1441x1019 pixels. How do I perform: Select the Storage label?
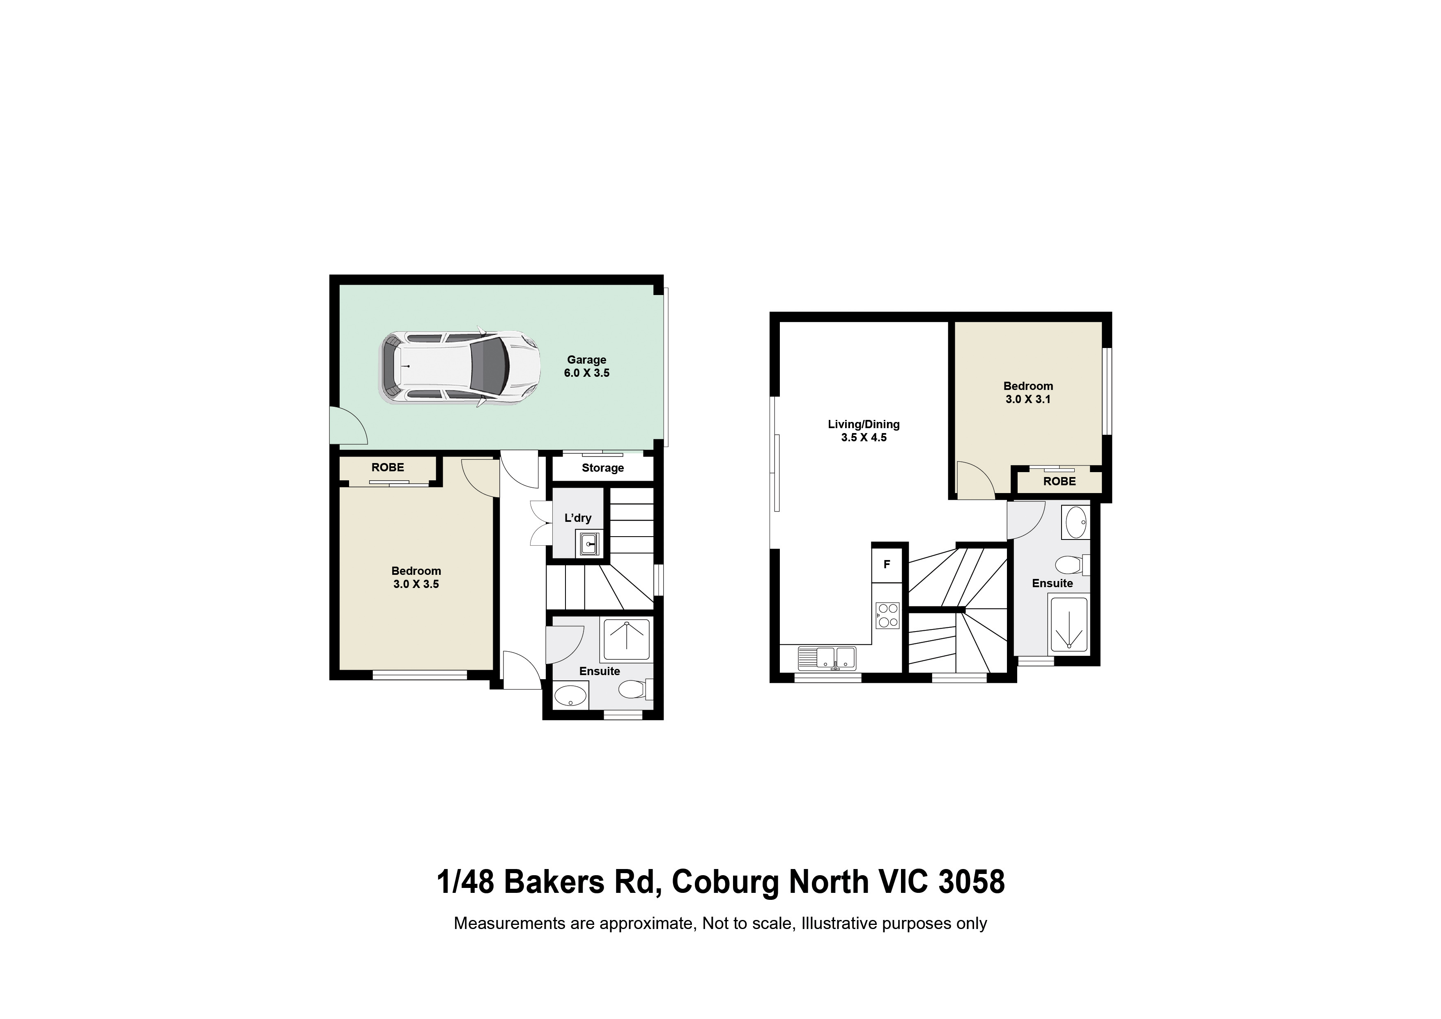pos(602,468)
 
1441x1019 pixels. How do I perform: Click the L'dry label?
pos(577,518)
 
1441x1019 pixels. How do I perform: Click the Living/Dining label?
pos(864,424)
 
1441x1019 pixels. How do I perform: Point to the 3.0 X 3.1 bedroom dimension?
pos(1028,399)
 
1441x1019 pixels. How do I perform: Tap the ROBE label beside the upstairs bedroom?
pos(1059,482)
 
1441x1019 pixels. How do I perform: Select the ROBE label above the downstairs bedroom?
pos(387,468)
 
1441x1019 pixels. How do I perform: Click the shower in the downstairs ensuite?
pos(626,639)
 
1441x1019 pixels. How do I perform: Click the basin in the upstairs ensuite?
pos(1076,522)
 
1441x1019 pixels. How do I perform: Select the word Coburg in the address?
pos(725,882)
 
